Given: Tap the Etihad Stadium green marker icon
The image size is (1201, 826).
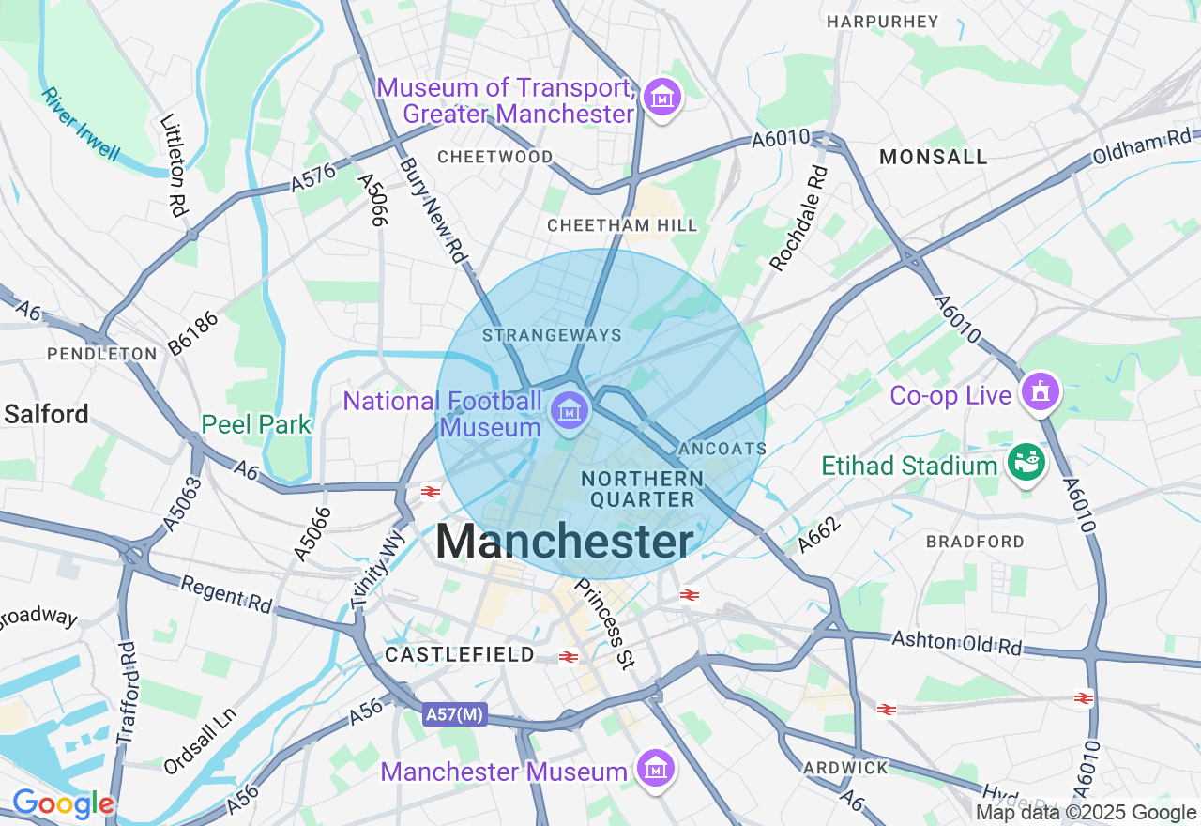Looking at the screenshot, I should pos(1026,462).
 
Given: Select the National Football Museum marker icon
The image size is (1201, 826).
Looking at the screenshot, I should pos(569,409).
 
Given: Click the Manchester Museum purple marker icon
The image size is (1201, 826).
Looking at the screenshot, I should pos(656,769).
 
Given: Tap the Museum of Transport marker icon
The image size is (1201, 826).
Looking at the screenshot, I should pos(662,97).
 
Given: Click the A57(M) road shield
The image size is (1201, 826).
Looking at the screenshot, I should pos(454,715).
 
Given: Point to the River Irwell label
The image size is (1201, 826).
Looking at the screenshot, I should pos(81,125).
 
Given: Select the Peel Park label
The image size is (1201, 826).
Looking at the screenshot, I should pos(256,425).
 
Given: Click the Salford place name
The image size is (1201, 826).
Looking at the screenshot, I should pos(47,414).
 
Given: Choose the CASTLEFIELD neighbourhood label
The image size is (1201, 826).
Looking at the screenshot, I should pos(460,654).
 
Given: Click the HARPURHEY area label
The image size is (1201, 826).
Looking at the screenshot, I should pos(882,21).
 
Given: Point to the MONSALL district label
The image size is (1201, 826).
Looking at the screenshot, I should pos(933,158).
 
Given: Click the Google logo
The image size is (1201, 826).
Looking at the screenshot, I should pos(63,804).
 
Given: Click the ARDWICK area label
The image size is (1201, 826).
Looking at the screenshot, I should pos(845,768).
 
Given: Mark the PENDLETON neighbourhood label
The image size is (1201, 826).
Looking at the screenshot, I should pos(102,354).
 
